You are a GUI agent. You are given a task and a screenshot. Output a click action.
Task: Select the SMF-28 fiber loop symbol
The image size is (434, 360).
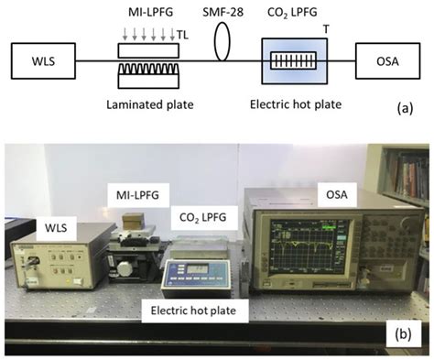[x=222, y=43]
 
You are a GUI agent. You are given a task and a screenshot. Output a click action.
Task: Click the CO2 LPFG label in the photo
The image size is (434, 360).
[x=203, y=217]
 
